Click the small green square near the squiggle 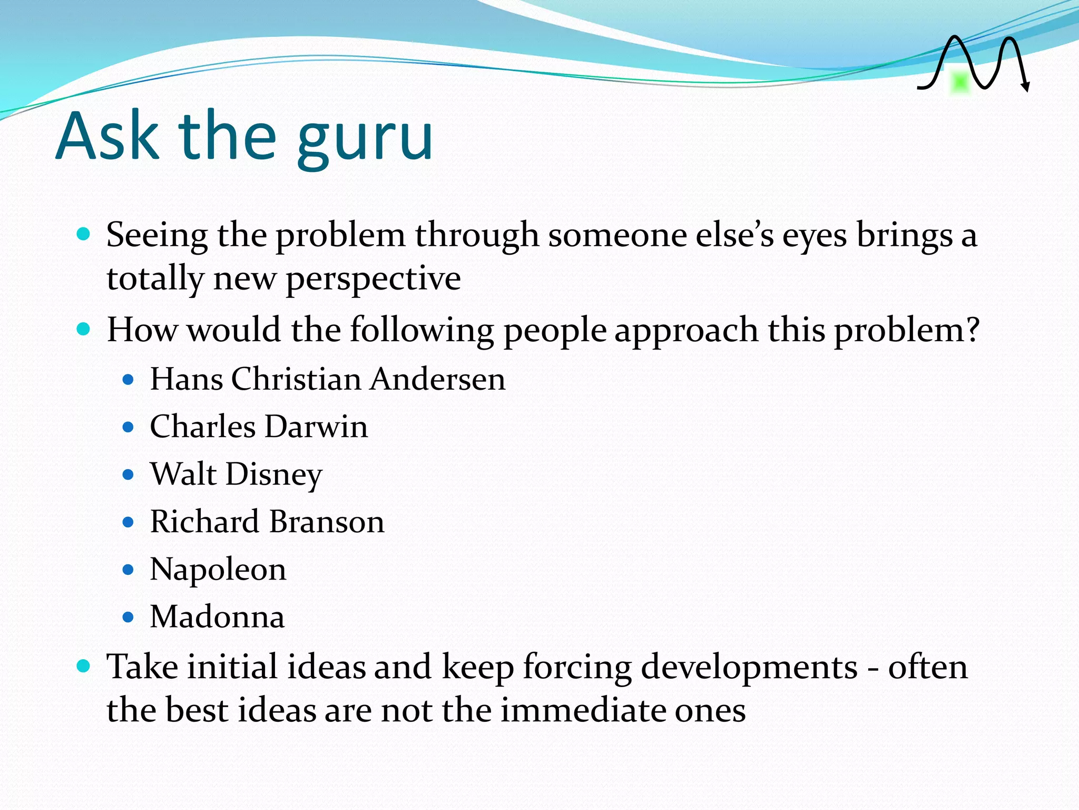click(x=960, y=82)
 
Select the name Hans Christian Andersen click(x=327, y=379)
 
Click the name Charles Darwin click(x=259, y=427)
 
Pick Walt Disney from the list click(x=236, y=475)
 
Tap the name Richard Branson click(x=267, y=522)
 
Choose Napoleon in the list click(x=218, y=570)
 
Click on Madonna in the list click(x=217, y=617)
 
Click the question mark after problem click(x=972, y=330)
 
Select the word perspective click(x=373, y=279)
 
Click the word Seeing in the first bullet click(x=157, y=235)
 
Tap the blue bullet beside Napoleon click(x=128, y=570)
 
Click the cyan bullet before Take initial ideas click(x=83, y=666)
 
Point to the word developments click(x=749, y=668)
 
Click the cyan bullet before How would click(x=83, y=330)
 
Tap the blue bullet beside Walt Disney click(x=128, y=475)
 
